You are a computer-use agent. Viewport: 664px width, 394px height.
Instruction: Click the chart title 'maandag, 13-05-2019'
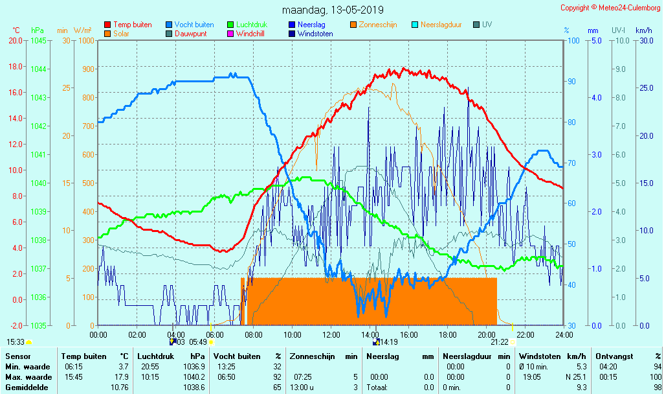click(x=333, y=10)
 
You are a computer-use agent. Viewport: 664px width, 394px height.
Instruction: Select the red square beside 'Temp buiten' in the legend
click(x=107, y=25)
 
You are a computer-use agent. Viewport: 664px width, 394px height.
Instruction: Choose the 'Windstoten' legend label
click(x=315, y=34)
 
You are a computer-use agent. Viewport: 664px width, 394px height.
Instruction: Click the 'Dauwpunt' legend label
click(x=191, y=34)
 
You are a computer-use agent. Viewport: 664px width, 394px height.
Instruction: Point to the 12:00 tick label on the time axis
click(x=331, y=334)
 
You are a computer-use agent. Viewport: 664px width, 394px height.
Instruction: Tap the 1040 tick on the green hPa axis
click(x=38, y=183)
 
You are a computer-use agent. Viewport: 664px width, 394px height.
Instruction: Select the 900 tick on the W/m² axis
click(x=87, y=69)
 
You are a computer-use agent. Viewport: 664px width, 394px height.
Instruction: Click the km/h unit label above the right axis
click(x=643, y=30)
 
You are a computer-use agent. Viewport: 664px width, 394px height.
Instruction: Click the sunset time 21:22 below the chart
click(x=499, y=342)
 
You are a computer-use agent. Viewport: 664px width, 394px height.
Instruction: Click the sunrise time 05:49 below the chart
click(x=197, y=342)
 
